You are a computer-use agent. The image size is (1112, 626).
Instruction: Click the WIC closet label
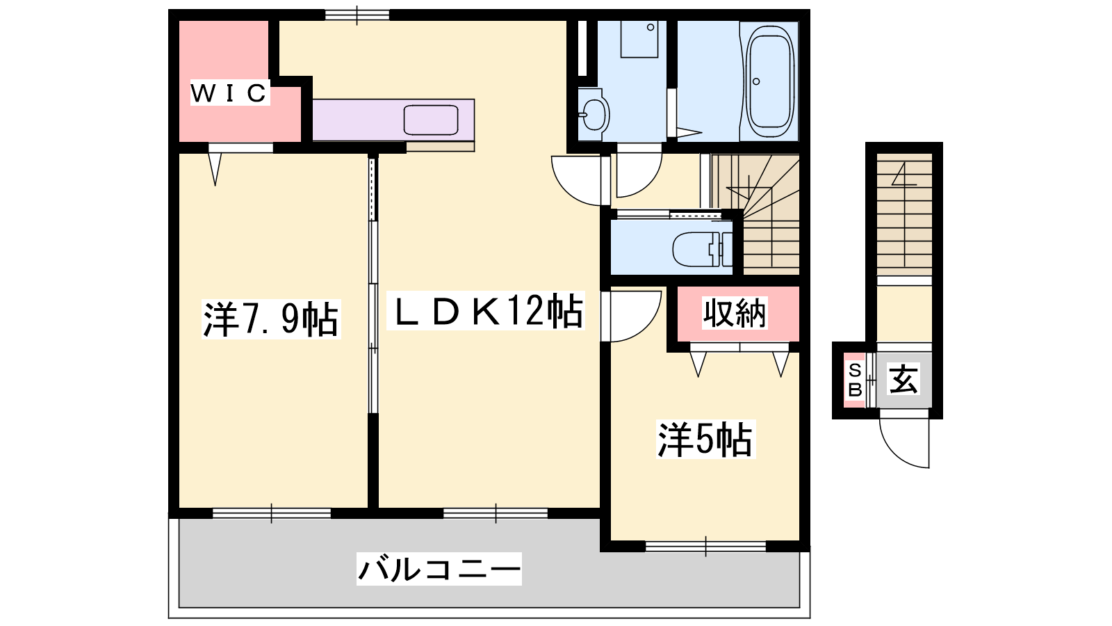(230, 93)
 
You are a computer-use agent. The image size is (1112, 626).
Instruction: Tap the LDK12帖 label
(486, 310)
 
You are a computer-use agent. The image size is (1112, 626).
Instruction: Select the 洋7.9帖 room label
(271, 319)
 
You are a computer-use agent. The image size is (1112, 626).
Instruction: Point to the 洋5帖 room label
(705, 439)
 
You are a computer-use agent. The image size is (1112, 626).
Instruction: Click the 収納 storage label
(734, 313)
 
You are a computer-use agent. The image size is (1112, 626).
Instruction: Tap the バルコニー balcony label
(439, 569)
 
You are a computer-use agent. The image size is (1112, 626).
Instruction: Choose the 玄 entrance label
(903, 379)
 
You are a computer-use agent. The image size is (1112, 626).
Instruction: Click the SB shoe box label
(855, 380)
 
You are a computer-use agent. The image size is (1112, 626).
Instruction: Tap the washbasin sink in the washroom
(594, 115)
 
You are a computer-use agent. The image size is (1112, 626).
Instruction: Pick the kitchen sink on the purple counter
(431, 120)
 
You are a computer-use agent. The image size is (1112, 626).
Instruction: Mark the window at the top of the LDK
(357, 15)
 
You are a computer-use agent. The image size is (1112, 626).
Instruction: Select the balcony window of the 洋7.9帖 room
(272, 513)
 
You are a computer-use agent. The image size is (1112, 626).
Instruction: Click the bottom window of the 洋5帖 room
(705, 547)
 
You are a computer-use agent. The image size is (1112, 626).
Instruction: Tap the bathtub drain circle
(756, 81)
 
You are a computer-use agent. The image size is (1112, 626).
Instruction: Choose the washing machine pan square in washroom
(639, 39)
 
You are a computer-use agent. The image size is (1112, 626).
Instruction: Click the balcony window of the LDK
(496, 513)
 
